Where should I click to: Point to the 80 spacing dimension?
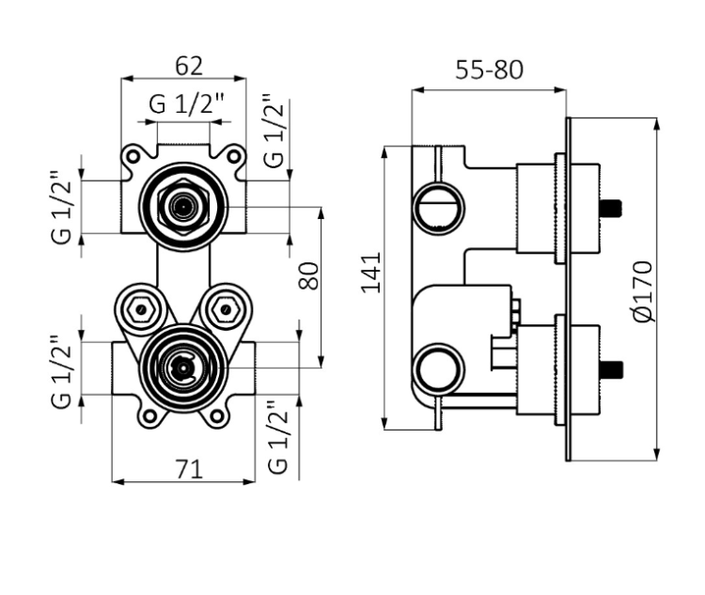(x=310, y=275)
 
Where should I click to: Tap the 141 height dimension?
(x=371, y=272)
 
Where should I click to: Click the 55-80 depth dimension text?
(x=489, y=70)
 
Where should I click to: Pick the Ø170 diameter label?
(x=642, y=292)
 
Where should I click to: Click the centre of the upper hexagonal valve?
(x=183, y=202)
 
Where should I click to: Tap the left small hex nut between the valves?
(x=142, y=307)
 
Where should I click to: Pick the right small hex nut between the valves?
(x=225, y=307)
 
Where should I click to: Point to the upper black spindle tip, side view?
(x=613, y=206)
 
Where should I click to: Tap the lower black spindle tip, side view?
(x=613, y=368)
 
